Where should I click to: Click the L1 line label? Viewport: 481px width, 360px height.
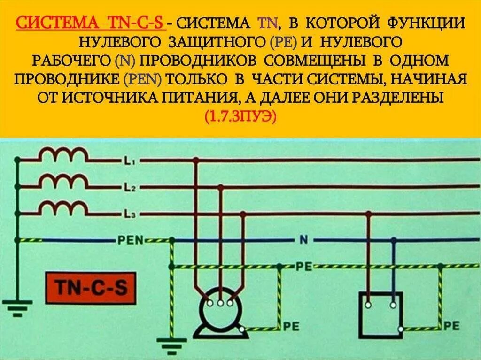click(129, 162)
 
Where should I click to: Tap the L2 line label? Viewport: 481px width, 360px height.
click(129, 188)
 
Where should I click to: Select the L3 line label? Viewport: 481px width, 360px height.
click(129, 214)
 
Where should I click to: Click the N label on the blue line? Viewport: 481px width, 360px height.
click(303, 241)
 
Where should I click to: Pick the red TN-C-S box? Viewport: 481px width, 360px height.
click(91, 287)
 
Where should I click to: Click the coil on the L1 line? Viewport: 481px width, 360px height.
click(63, 154)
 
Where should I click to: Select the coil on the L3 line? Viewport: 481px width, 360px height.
click(63, 207)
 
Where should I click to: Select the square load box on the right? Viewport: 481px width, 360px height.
click(380, 313)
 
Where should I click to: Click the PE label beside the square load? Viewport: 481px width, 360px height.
click(451, 325)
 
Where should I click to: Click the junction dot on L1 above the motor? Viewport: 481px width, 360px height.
click(196, 161)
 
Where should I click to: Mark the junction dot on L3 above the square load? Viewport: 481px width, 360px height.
click(369, 214)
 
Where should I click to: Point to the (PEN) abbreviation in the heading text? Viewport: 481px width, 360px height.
click(143, 79)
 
